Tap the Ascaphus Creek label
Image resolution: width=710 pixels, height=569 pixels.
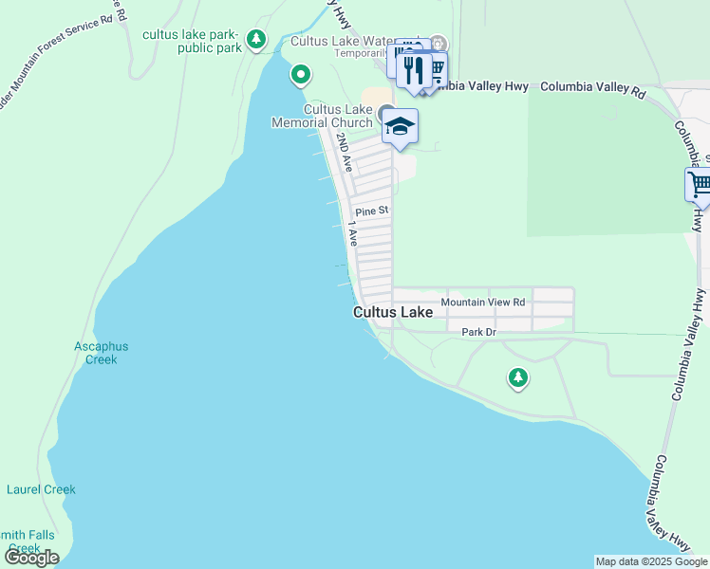(102, 353)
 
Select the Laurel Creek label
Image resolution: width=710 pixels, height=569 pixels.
(41, 489)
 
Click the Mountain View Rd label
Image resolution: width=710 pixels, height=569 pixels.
(483, 303)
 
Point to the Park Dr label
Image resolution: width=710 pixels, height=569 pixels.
(478, 333)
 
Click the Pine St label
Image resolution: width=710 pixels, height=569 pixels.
(372, 211)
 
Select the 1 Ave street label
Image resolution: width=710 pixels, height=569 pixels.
(352, 233)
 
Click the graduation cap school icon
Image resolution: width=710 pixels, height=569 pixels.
(401, 126)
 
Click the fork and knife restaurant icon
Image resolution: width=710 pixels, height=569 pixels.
(414, 70)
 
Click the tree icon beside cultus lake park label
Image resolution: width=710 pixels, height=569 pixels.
(255, 40)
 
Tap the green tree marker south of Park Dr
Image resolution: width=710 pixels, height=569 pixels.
(517, 378)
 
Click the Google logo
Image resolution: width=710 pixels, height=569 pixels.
(31, 558)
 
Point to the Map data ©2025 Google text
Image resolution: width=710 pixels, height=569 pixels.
(649, 561)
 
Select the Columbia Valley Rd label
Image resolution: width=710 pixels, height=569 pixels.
(592, 87)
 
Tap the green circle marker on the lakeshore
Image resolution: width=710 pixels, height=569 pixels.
(301, 74)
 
